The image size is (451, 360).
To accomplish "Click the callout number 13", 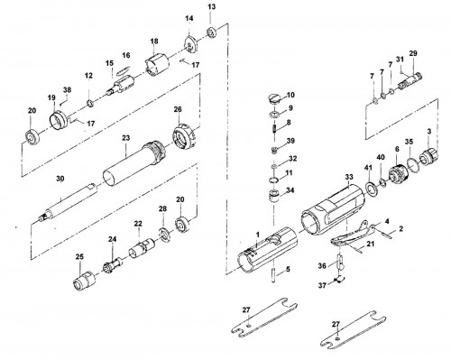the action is point(212,6).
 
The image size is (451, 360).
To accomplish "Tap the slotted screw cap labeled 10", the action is point(275,99).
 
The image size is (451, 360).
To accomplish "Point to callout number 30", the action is point(60,179).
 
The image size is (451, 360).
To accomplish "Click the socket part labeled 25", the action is point(84,280).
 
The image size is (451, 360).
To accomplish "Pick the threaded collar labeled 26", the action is point(184,137).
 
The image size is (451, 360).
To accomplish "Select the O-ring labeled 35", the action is point(412,165).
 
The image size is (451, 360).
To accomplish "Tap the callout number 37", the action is point(322,285).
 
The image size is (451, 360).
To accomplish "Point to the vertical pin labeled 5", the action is point(273,275).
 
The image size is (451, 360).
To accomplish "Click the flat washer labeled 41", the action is point(372,189).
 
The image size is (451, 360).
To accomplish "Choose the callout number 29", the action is point(413,53).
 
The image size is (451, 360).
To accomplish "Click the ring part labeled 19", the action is point(57,120).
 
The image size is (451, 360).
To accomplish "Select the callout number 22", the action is point(138,224).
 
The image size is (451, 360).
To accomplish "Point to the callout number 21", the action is point(371,244).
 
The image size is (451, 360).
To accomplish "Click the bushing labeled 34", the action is point(273,196).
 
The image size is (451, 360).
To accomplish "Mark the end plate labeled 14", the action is point(189,43).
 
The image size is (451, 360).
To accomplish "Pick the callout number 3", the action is point(429,131).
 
